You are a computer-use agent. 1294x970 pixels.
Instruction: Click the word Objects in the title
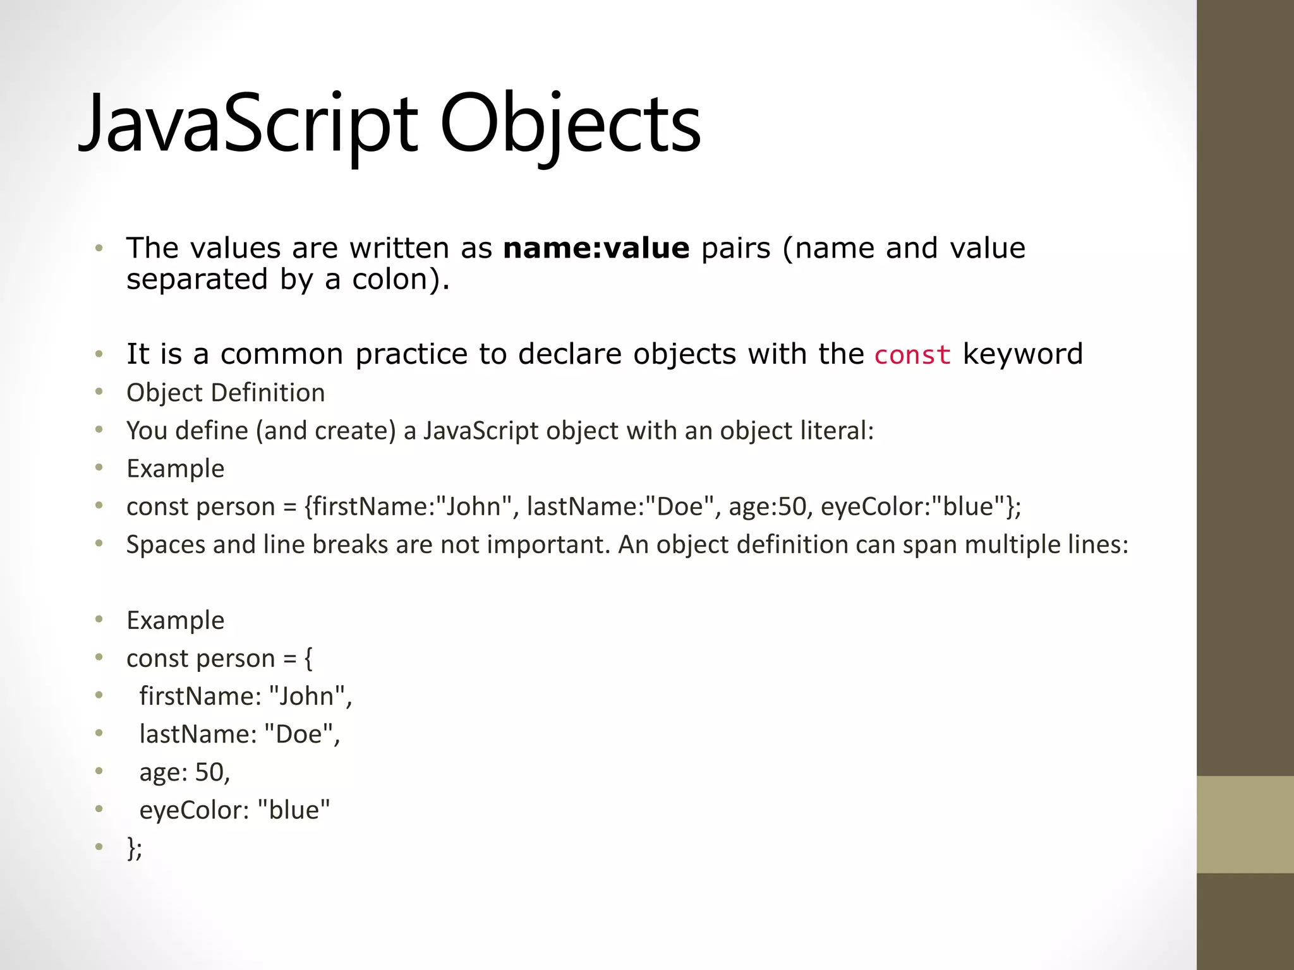[570, 124]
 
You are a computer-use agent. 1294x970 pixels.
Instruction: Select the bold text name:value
[596, 248]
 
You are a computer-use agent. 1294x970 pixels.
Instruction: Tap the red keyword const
[912, 355]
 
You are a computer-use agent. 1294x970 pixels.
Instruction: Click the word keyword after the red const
[1022, 354]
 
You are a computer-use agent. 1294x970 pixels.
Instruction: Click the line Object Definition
[226, 393]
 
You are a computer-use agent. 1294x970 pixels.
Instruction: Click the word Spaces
[166, 544]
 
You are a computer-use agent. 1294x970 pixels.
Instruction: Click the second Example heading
[176, 620]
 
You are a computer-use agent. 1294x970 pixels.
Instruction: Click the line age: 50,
[184, 772]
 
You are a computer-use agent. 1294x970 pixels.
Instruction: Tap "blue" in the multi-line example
[294, 810]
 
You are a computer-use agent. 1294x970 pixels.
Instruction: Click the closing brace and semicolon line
[134, 847]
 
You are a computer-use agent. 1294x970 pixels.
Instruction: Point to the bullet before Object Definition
[99, 392]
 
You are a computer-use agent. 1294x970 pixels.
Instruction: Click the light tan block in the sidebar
[1245, 824]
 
